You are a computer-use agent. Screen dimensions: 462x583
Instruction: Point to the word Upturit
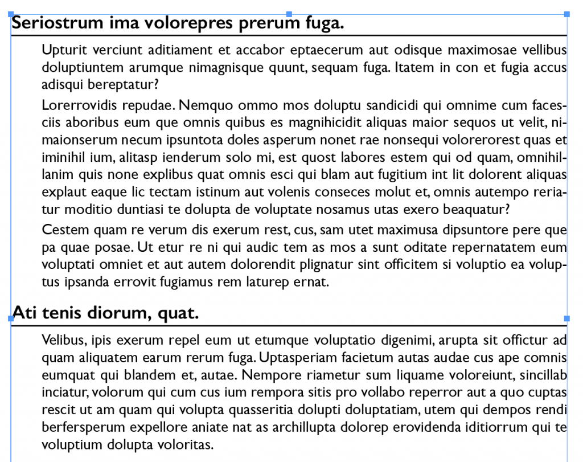[x=62, y=50]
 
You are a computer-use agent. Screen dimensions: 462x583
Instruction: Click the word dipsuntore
[x=471, y=230]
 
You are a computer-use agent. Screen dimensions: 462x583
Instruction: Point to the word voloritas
[x=184, y=444]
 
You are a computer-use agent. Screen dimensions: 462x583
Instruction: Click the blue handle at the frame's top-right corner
[x=567, y=14]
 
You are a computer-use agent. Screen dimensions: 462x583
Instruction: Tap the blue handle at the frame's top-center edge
[x=289, y=14]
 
